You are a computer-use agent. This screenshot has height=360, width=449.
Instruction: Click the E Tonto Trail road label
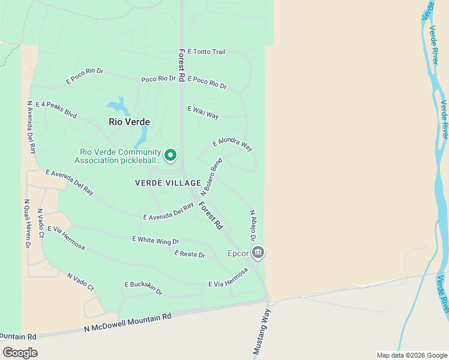coord(206,52)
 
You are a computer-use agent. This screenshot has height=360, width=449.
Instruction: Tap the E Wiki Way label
coord(203,112)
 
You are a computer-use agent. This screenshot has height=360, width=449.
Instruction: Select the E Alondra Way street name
coord(232,145)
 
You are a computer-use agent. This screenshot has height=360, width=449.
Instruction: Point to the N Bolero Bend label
coord(211,177)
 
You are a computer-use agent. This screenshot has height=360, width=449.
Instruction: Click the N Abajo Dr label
coord(253,226)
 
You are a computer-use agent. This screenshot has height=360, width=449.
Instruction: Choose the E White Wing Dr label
coord(155,241)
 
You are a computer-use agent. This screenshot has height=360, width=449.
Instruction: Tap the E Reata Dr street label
coord(190,254)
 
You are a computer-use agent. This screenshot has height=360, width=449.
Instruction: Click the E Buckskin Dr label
coord(143,288)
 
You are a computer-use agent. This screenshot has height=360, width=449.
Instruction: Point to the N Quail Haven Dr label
coord(27,224)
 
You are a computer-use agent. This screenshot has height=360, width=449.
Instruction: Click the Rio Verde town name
coord(129,121)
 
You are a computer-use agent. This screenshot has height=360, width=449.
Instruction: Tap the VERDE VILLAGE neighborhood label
coord(168,182)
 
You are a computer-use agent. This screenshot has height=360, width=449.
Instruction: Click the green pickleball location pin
coord(170,155)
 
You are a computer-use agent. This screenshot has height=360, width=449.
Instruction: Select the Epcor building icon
coord(258,253)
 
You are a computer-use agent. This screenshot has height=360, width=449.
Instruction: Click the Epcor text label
coord(238,253)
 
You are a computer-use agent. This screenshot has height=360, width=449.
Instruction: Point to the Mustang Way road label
coord(263,332)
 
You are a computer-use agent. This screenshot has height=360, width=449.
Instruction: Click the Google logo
coord(20,352)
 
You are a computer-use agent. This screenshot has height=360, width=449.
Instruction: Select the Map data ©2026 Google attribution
coord(412,355)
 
